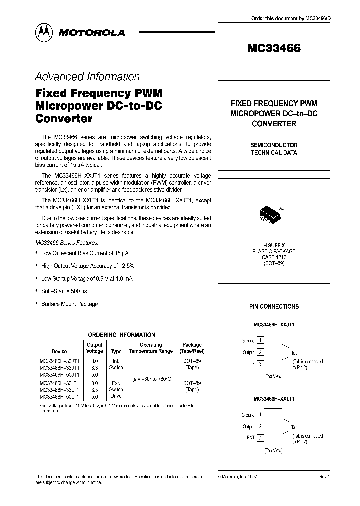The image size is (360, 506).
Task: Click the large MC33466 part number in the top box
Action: tap(274, 49)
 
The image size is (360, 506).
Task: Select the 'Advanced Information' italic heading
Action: tap(87, 77)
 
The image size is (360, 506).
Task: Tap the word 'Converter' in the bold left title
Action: tap(64, 119)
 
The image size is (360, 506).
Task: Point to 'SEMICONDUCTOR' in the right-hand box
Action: tap(274, 145)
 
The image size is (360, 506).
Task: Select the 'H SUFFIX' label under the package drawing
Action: tap(274, 245)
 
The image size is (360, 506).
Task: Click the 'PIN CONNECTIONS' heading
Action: tap(274, 307)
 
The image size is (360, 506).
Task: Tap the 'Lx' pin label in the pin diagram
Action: tap(251, 364)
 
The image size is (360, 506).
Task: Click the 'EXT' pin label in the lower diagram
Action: tap(250, 437)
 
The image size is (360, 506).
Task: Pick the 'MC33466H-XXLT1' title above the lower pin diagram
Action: tap(274, 399)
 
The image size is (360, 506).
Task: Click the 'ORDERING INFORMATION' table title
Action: tap(121, 335)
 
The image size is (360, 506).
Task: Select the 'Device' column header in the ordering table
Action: tap(59, 351)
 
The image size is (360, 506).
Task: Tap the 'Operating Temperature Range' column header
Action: tap(150, 348)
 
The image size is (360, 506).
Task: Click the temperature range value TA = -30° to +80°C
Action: tap(150, 380)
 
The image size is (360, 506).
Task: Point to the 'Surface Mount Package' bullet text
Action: tap(69, 304)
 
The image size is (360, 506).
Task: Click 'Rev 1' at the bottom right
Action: tap(325, 477)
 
